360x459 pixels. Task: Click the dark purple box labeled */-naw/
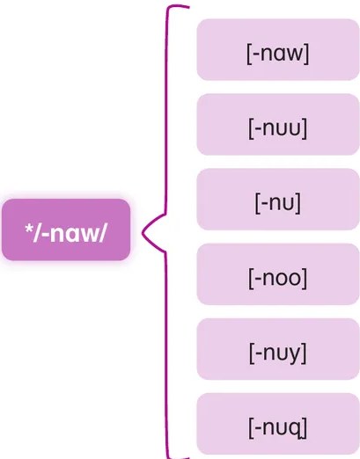[66, 229]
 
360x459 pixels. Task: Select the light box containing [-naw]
[278, 49]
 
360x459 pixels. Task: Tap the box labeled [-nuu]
[278, 124]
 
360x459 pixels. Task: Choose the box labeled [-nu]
[278, 200]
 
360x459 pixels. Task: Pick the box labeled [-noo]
[278, 274]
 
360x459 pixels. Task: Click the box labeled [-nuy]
[278, 349]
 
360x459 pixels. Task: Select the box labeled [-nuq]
[278, 424]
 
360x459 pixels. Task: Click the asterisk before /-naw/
[29, 229]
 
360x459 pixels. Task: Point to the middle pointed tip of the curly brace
[143, 233]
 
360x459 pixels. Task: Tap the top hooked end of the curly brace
[188, 6]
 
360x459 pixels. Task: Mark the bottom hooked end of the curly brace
[188, 457]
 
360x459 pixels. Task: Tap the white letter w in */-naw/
[90, 235]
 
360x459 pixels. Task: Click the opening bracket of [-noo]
[251, 278]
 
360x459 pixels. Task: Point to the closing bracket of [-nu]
[298, 203]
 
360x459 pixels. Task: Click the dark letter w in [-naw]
[295, 54]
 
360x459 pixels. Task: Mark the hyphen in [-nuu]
[257, 129]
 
